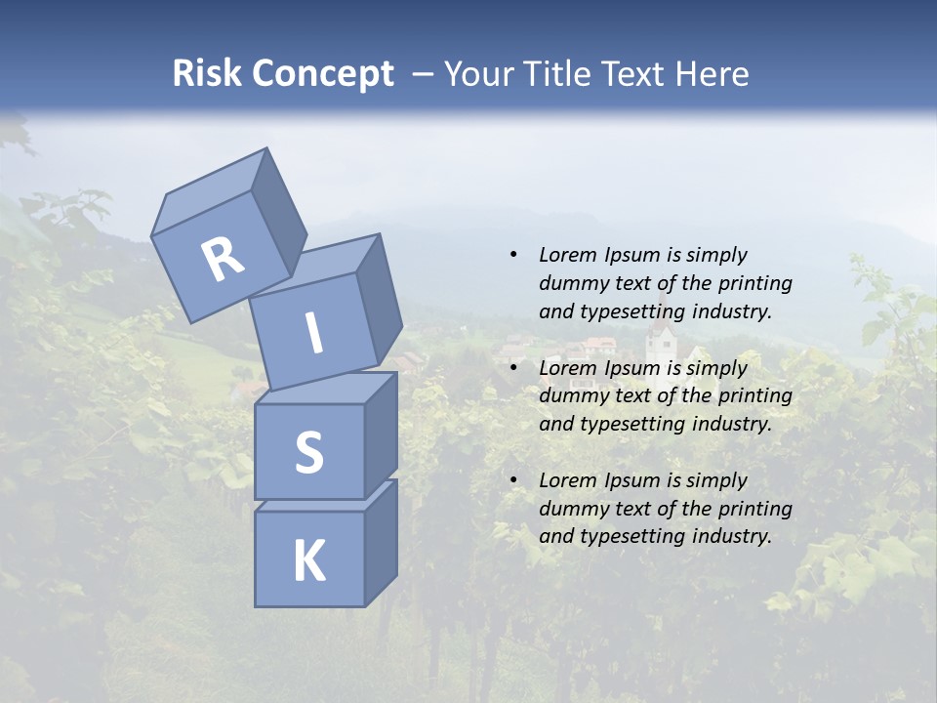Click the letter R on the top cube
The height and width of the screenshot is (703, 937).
pos(222,261)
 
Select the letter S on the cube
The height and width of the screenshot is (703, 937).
pos(308,453)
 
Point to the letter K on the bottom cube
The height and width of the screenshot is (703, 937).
pos(309,561)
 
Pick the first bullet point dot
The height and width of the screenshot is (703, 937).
pos(513,255)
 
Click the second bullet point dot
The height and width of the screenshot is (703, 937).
pos(513,368)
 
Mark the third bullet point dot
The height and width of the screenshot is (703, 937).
pos(513,480)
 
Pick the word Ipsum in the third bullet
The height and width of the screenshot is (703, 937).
pos(632,480)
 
